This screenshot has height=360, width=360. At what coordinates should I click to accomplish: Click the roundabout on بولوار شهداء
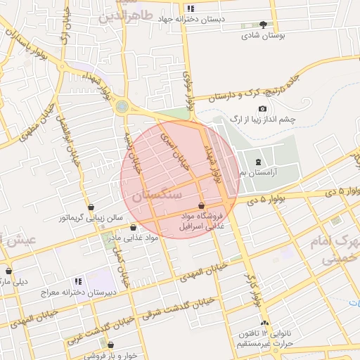[x=123, y=106]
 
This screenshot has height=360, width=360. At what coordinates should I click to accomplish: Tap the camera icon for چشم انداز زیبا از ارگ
[x=262, y=109]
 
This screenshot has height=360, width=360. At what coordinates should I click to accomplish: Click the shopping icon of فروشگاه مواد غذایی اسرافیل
[x=202, y=205]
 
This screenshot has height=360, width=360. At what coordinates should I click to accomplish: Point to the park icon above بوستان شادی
[x=264, y=24]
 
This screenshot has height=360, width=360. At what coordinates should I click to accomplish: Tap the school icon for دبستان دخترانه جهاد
[x=190, y=8]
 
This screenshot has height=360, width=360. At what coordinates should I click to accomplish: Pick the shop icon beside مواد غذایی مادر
[x=134, y=227]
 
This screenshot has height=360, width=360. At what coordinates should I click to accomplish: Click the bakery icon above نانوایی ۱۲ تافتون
[x=265, y=323]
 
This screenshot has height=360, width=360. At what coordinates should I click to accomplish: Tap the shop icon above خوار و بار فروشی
[x=109, y=343]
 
